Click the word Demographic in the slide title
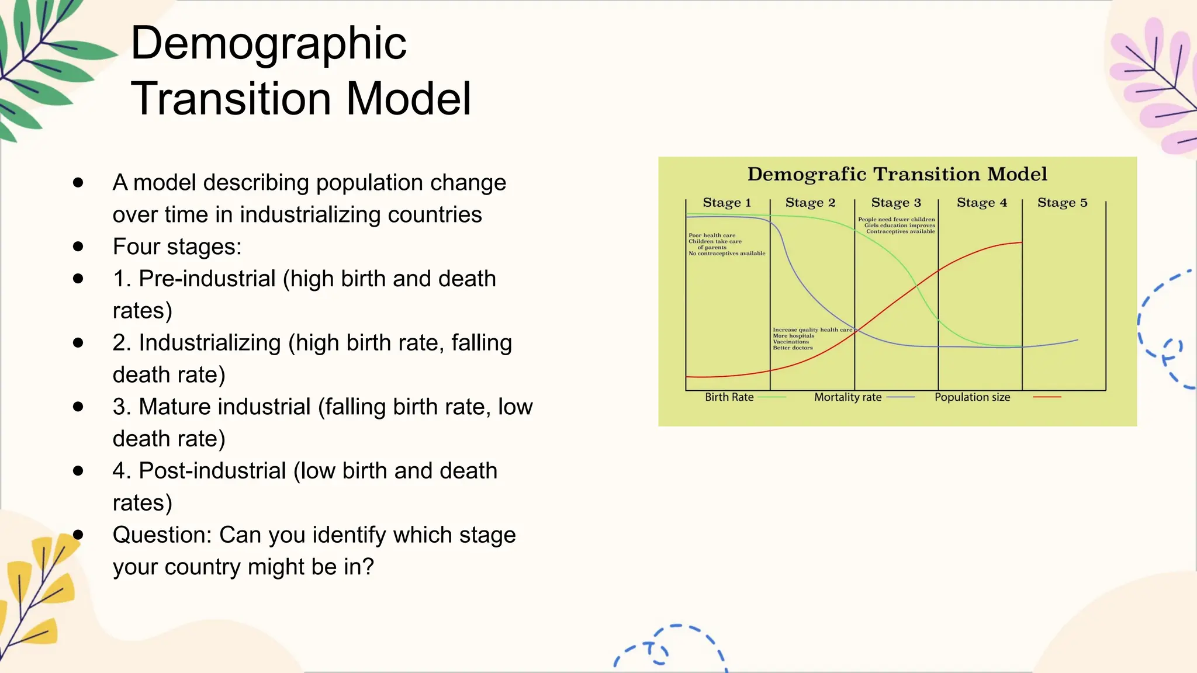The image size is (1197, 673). tap(268, 44)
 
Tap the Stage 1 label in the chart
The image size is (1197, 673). tap(726, 203)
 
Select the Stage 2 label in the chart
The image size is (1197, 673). tap(810, 203)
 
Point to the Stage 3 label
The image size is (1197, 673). tap(895, 203)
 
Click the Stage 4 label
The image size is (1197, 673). tap(981, 203)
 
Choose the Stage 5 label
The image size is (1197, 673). tap(1062, 203)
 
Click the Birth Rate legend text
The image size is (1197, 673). tap(729, 397)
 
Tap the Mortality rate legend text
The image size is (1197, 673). tap(847, 397)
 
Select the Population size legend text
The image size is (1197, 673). tap(972, 397)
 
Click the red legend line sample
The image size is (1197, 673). tap(1047, 397)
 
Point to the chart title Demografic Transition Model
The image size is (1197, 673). tap(897, 174)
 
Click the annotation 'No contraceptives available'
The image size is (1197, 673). tap(726, 254)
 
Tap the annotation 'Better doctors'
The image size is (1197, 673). tap(793, 348)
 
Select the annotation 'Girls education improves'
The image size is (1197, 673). tap(900, 226)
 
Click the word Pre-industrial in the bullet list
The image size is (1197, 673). tap(207, 279)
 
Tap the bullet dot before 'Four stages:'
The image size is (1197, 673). tap(78, 247)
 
